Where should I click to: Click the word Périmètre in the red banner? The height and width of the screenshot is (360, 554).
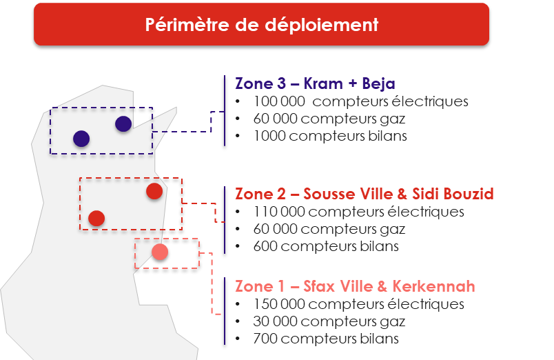pyautogui.click(x=187, y=25)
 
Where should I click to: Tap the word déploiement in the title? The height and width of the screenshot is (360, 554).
pyautogui.click(x=322, y=25)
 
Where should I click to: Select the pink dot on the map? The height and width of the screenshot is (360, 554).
pyautogui.click(x=160, y=252)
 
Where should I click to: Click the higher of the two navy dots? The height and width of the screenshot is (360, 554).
pyautogui.click(x=123, y=123)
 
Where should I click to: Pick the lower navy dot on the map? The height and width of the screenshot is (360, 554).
pyautogui.click(x=81, y=139)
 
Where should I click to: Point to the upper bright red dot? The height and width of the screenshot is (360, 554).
pyautogui.click(x=154, y=191)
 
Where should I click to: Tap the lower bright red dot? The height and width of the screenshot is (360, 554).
pyautogui.click(x=96, y=218)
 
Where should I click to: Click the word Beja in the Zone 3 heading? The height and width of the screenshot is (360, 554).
pyautogui.click(x=378, y=84)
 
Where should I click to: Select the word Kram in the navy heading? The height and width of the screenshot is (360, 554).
pyautogui.click(x=323, y=84)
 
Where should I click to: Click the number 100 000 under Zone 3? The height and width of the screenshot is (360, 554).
pyautogui.click(x=279, y=101)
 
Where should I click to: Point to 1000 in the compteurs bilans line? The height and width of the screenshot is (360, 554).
pyautogui.click(x=269, y=136)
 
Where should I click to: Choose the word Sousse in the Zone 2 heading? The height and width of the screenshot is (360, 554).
pyautogui.click(x=329, y=194)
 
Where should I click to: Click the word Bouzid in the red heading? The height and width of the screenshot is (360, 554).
pyautogui.click(x=469, y=194)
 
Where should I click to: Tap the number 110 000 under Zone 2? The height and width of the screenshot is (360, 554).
pyautogui.click(x=279, y=212)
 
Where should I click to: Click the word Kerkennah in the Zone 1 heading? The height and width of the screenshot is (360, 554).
pyautogui.click(x=434, y=286)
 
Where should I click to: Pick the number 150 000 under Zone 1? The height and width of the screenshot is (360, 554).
pyautogui.click(x=279, y=304)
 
